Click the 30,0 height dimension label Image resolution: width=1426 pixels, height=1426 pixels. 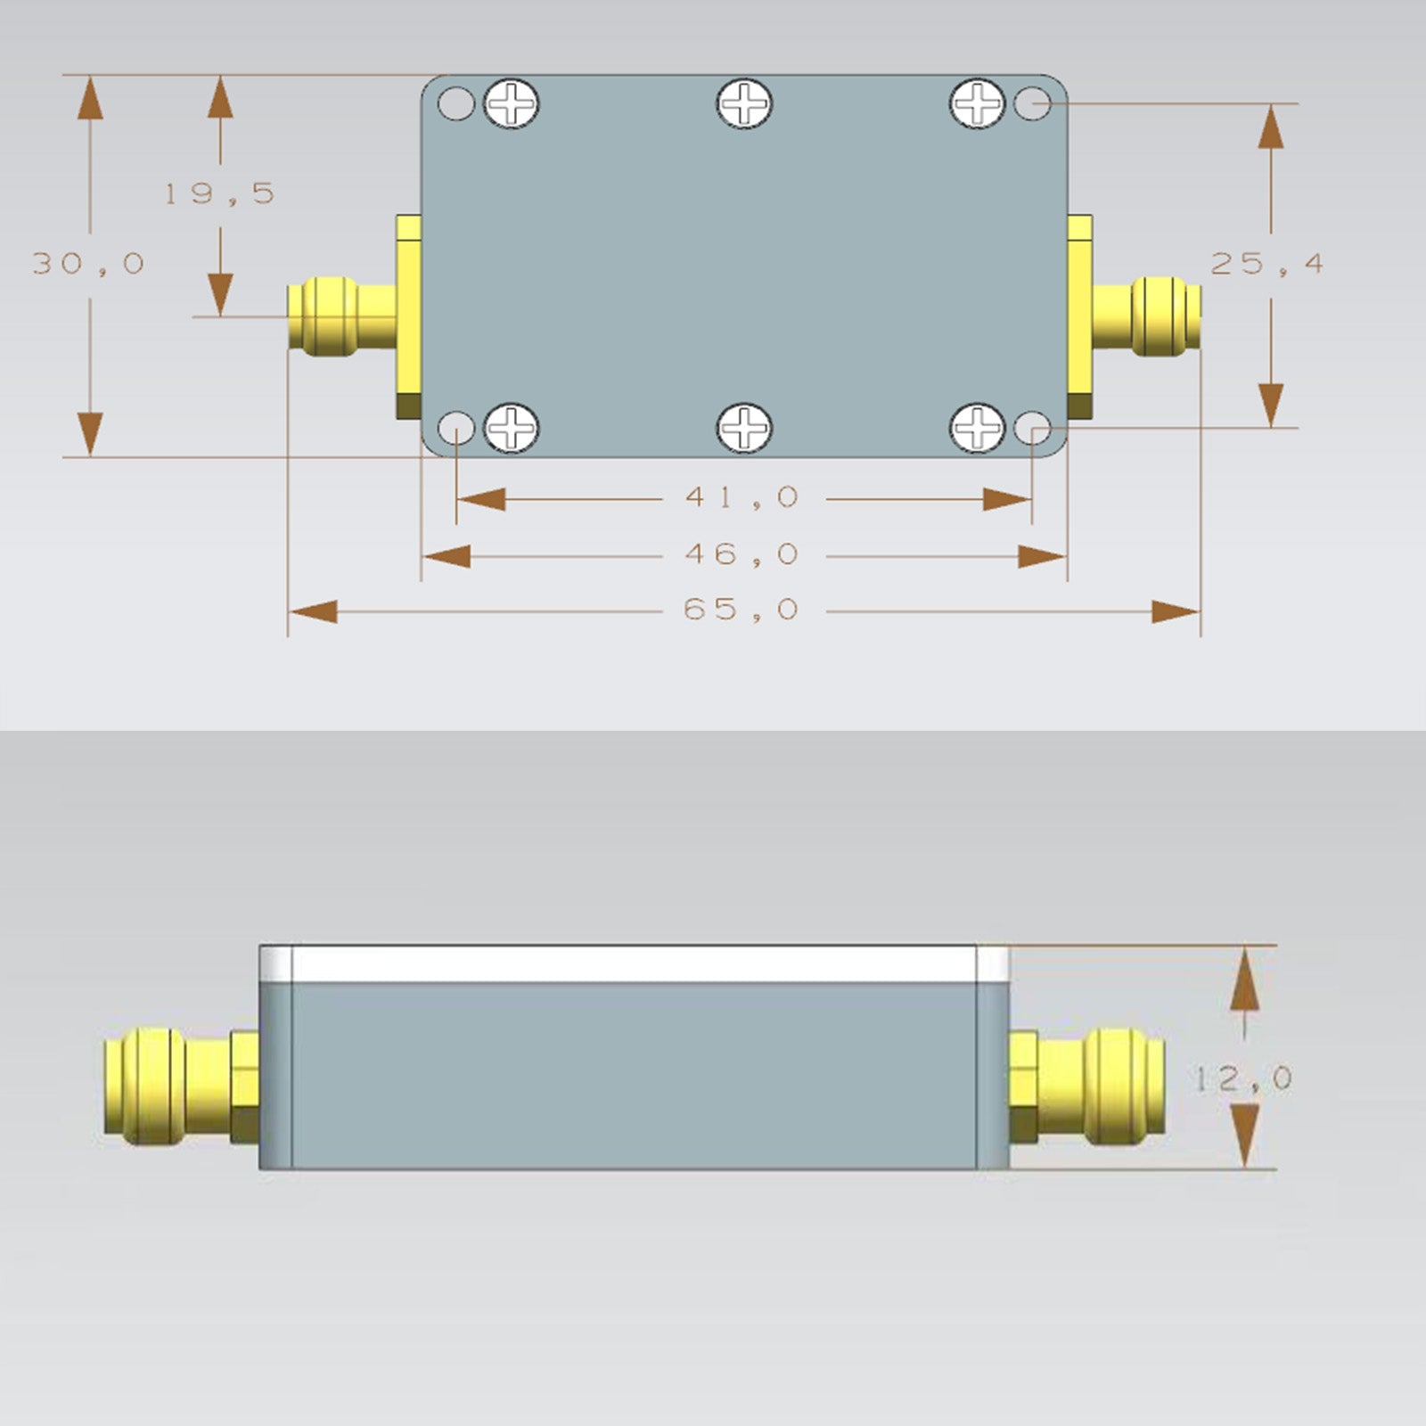click(x=88, y=264)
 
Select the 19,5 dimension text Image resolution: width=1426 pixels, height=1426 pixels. click(x=219, y=193)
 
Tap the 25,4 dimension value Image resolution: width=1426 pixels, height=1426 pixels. click(x=1266, y=264)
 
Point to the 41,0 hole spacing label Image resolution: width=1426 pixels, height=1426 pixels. click(x=742, y=497)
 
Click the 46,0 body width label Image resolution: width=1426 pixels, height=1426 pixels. click(x=742, y=554)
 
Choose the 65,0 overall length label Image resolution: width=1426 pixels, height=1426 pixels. click(x=742, y=610)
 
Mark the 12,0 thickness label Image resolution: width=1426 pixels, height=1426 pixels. click(x=1243, y=1079)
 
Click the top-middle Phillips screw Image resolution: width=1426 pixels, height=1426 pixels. click(x=744, y=103)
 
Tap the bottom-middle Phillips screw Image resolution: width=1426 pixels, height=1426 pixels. click(x=744, y=428)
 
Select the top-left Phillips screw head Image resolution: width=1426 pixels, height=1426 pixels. click(x=512, y=103)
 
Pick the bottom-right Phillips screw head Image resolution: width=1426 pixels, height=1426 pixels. click(x=978, y=428)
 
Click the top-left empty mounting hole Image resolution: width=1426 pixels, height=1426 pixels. click(x=456, y=103)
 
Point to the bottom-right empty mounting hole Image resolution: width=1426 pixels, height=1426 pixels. click(x=1032, y=429)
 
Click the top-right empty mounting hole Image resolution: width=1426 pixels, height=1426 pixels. click(x=1032, y=103)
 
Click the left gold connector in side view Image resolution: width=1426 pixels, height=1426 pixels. click(x=178, y=1086)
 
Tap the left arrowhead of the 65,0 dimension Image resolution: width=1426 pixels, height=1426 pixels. click(x=312, y=612)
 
